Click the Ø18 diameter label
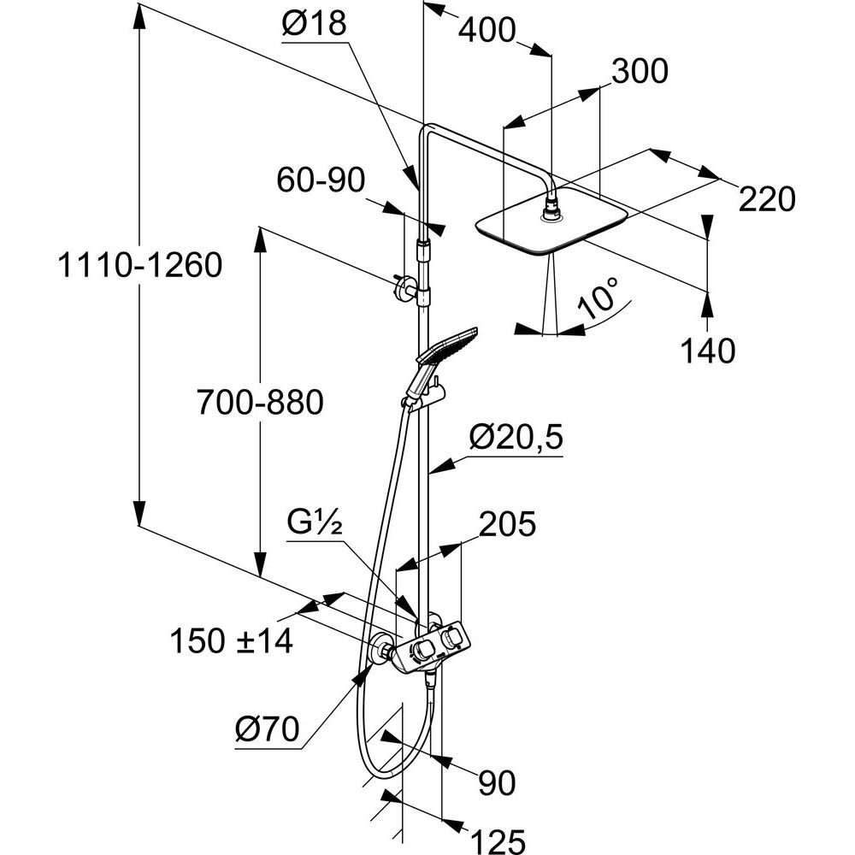(315, 25)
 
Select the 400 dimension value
(487, 31)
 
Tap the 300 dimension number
(639, 72)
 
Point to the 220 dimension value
(766, 199)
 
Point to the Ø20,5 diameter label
(516, 439)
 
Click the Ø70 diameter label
(267, 729)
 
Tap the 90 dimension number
(497, 781)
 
